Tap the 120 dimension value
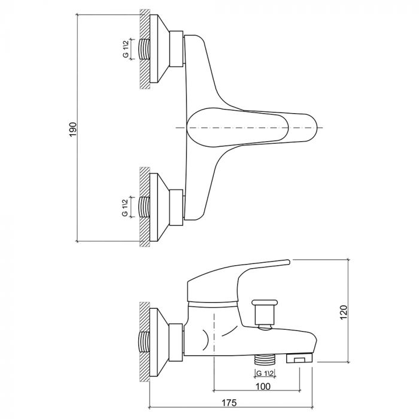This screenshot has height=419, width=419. (343, 311)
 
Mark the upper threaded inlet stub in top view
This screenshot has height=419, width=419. (144, 48)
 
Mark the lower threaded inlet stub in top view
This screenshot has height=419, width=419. (144, 207)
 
